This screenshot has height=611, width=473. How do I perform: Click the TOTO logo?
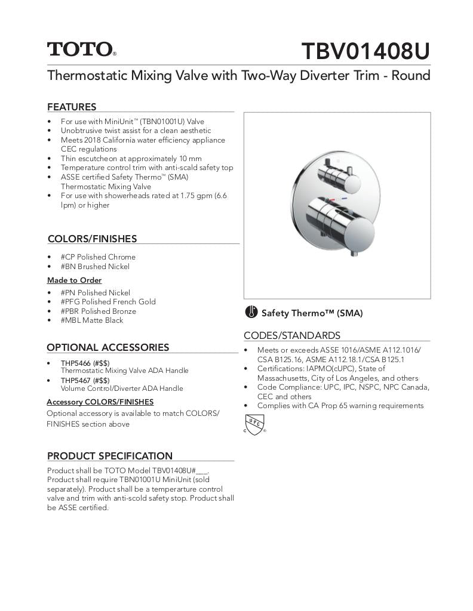tap(81, 50)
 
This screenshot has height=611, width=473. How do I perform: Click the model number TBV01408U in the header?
tap(365, 51)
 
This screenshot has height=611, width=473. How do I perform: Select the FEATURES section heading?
tap(72, 107)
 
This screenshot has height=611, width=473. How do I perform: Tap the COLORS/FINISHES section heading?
tap(92, 239)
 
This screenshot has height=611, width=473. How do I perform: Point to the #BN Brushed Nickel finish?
tap(94, 266)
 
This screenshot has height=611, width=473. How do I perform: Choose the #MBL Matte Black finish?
tap(91, 320)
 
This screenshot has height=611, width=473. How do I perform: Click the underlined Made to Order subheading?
tap(74, 280)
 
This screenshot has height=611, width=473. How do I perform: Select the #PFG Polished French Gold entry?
tap(107, 301)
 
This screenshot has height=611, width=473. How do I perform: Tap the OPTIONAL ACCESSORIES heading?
tap(107, 347)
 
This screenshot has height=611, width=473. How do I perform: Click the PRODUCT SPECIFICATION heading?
tap(109, 456)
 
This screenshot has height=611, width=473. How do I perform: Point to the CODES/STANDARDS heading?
tap(291, 335)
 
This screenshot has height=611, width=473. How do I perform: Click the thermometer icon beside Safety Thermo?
tap(251, 312)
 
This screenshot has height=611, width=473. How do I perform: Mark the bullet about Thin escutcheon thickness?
tap(131, 158)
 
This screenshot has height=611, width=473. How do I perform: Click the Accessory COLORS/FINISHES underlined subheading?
tap(100, 402)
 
